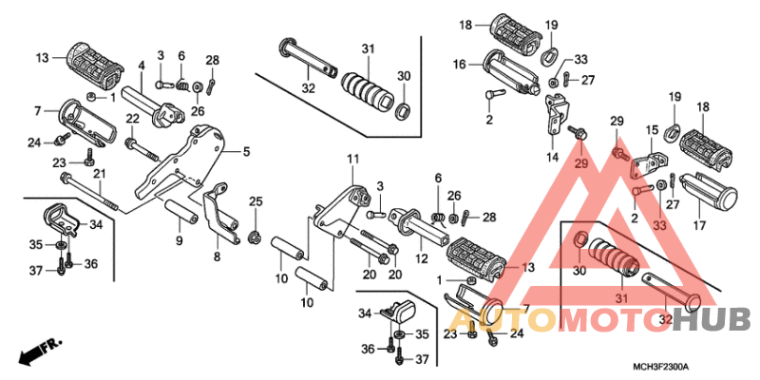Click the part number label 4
[x=142, y=65]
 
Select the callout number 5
[x=247, y=152]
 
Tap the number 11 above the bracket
[x=352, y=159]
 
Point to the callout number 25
[x=256, y=201]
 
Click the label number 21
[x=100, y=174]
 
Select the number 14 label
[x=552, y=158]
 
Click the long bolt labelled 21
[x=90, y=193]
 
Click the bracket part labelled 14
[x=556, y=114]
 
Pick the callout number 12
[x=421, y=259]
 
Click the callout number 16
[x=460, y=64]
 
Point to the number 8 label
[x=217, y=256]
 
